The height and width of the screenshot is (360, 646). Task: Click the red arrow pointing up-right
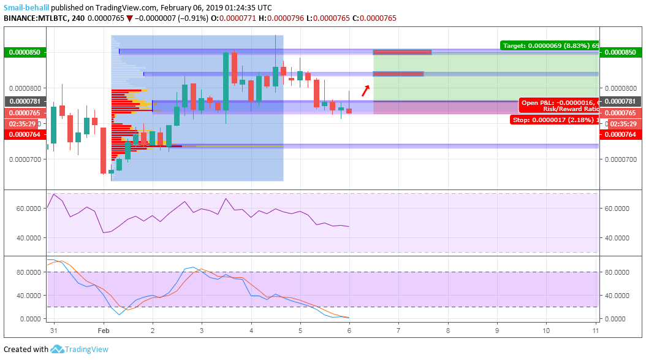tap(365, 91)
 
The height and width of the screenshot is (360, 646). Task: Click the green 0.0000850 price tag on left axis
tap(23, 53)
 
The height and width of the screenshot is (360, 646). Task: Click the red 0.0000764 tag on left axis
tap(23, 135)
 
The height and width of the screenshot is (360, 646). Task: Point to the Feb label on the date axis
tap(104, 331)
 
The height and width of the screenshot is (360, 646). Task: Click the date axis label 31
tap(54, 331)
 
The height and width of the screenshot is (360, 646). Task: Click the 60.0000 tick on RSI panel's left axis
tap(28, 209)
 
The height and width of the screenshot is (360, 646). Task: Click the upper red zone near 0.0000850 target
tap(402, 52)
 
